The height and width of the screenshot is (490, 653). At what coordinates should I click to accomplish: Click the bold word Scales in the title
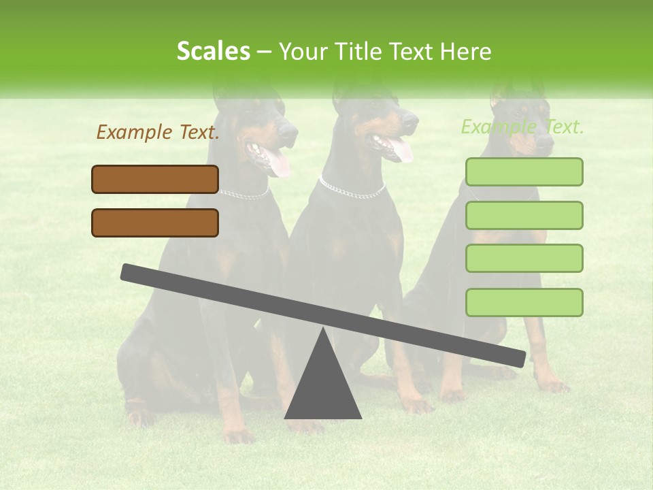214,51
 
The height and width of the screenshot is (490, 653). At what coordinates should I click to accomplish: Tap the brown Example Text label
157,133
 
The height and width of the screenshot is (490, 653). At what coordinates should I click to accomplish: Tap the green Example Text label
522,127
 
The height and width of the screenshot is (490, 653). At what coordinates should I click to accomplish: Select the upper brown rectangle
155,180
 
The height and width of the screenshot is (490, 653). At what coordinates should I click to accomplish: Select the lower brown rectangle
155,223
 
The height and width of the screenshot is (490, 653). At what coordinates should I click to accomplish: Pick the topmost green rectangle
524,171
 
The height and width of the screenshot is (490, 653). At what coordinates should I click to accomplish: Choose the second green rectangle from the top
524,215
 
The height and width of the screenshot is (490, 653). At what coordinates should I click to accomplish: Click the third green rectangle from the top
524,258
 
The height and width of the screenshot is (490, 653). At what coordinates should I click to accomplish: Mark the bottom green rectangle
524,302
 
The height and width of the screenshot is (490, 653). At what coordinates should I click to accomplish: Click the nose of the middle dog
412,117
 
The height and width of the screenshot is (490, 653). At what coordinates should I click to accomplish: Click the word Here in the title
465,52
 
